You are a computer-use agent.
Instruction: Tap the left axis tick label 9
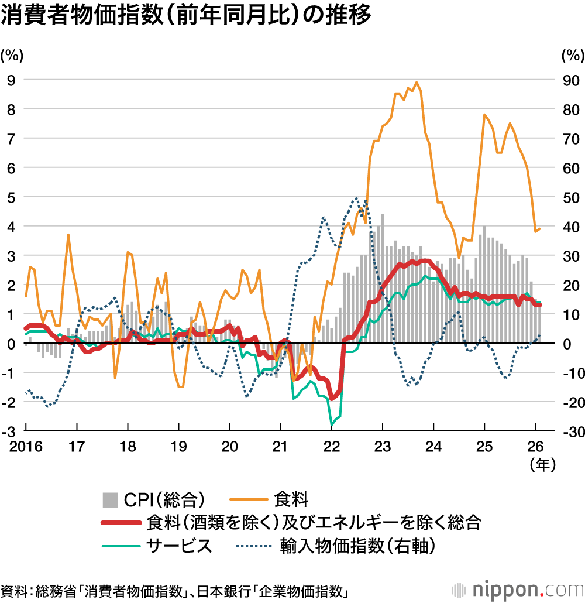coord(11,80)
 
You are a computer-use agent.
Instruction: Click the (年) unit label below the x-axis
coord(541,464)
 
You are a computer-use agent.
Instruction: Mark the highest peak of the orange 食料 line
coord(416,83)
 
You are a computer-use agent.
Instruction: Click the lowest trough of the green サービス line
coord(332,424)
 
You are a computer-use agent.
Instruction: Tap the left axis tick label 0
coord(11,344)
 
